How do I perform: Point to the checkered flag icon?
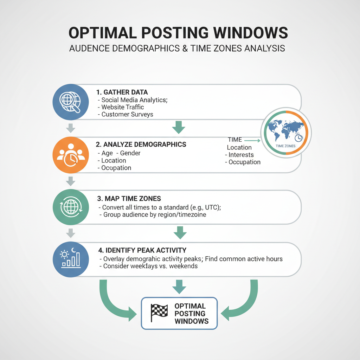159,313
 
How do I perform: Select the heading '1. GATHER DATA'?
122,92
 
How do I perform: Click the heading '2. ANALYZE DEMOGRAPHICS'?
141,144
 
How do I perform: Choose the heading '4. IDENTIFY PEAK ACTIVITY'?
142,250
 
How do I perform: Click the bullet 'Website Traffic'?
122,107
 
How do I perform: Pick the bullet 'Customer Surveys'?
127,115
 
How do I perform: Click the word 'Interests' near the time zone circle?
241,155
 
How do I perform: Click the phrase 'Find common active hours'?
243,259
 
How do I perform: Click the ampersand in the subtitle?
184,49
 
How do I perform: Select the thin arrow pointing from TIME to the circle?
252,140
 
